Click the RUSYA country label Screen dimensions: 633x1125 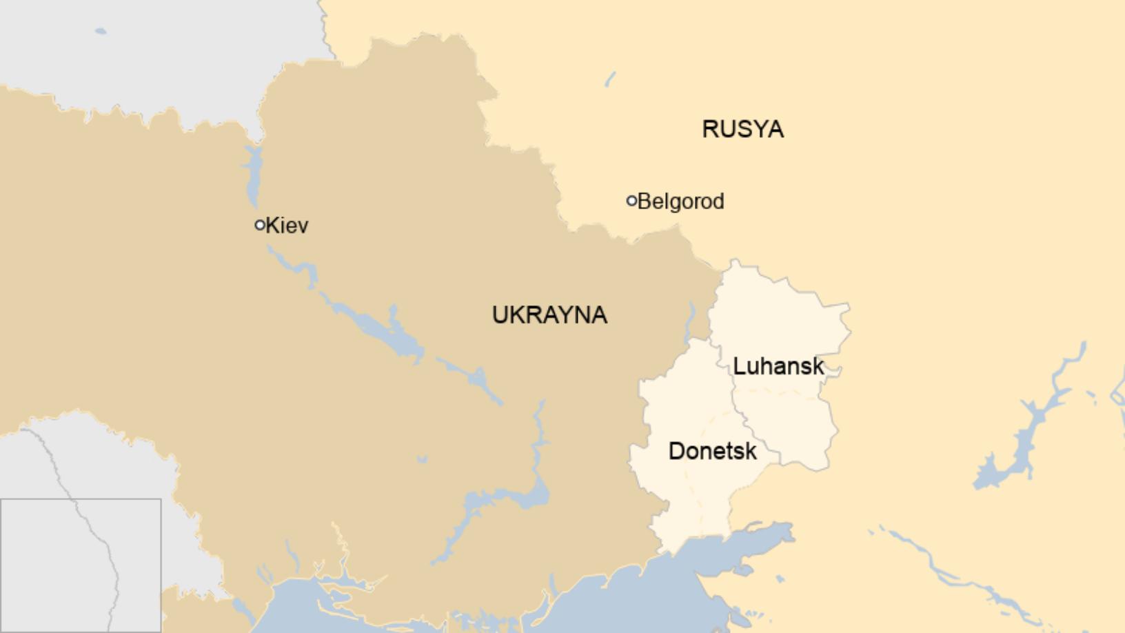point(742,129)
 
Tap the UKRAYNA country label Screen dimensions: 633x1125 point(549,315)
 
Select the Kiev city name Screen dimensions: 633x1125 point(287,225)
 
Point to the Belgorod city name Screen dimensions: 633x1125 point(681,201)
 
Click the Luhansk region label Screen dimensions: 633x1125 point(778,366)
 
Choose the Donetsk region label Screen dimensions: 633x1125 point(712,451)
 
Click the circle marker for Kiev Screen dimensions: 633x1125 point(260,225)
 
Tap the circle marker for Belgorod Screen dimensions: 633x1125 point(631,201)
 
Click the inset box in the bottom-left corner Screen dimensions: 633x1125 point(81,565)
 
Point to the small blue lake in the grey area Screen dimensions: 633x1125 point(101,31)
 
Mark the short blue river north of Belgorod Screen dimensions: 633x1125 point(610,79)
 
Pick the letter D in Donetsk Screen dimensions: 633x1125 point(676,451)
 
